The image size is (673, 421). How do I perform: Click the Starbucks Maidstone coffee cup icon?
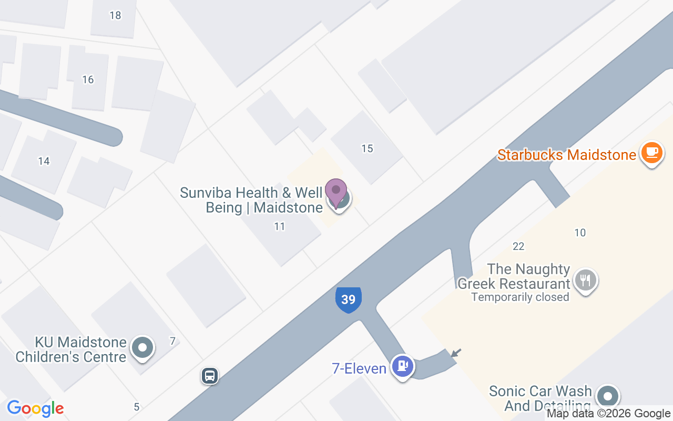tap(652, 153)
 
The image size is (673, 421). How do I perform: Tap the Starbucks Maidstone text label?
tap(567, 155)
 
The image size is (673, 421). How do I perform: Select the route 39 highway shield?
tap(348, 299)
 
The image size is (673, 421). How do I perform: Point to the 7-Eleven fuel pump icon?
tap(403, 366)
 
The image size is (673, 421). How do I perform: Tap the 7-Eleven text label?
tap(359, 368)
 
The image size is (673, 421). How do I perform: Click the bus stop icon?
tap(210, 376)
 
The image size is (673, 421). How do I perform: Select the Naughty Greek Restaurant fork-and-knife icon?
tap(585, 279)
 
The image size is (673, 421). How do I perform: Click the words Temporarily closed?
tap(520, 297)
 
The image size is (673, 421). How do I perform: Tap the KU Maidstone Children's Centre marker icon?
tap(142, 348)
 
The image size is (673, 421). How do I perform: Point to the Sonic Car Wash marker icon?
tap(608, 396)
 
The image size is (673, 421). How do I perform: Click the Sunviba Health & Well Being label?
tap(251, 200)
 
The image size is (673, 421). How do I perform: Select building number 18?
tap(115, 15)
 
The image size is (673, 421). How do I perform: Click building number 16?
tap(88, 79)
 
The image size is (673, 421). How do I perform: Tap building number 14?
tap(44, 161)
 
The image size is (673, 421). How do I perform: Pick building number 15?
tap(367, 148)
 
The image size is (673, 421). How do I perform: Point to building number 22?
tap(518, 246)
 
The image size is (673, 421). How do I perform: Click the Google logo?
tap(35, 408)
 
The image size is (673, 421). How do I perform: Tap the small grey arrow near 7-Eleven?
tap(456, 353)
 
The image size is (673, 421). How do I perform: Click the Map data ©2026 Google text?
tap(608, 414)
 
